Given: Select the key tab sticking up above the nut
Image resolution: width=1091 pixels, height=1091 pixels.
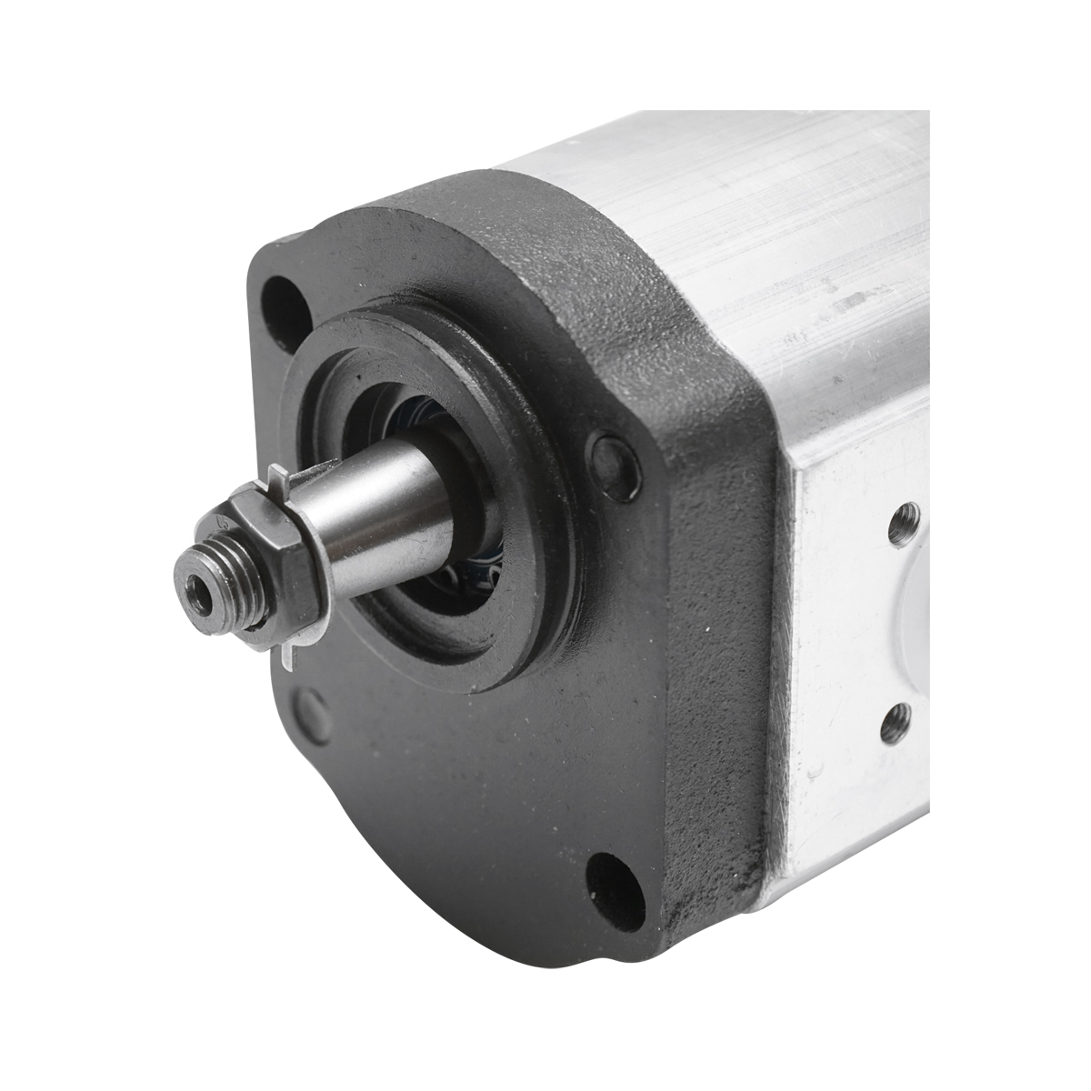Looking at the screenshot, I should (280, 474).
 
